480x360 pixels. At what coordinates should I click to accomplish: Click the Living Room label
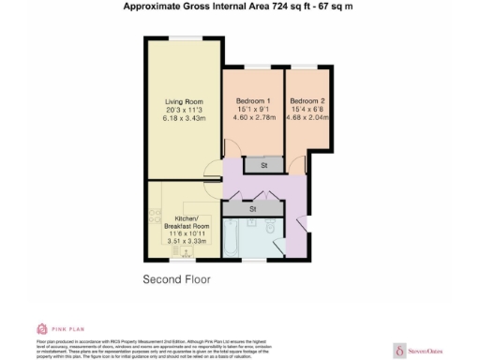point(184,101)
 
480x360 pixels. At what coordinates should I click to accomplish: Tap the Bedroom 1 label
point(253,101)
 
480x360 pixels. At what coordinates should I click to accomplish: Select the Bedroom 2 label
point(307,101)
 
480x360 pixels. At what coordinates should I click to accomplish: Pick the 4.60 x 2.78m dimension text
point(253,118)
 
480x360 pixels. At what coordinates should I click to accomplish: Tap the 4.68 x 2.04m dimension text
point(307,118)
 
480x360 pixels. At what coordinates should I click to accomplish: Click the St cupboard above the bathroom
point(253,208)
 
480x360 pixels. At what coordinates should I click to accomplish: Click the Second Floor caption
point(177,279)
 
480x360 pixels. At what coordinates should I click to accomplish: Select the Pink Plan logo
point(55,329)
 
